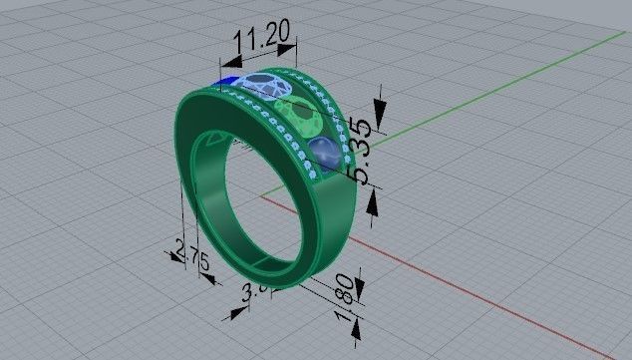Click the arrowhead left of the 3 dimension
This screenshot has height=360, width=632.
(236, 312)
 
